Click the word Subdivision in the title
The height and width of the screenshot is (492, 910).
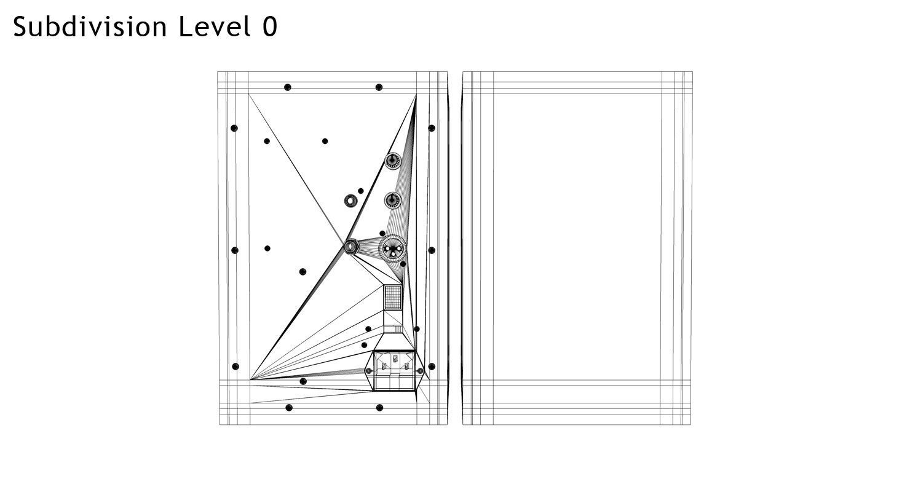pyautogui.click(x=90, y=27)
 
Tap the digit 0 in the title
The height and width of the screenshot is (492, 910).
pyautogui.click(x=270, y=27)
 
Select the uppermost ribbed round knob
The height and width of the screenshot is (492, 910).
pyautogui.click(x=393, y=161)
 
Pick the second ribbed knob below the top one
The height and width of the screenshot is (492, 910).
pyautogui.click(x=393, y=200)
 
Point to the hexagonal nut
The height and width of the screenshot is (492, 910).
pyautogui.click(x=350, y=247)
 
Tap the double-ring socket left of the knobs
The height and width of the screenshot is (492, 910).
pyautogui.click(x=350, y=200)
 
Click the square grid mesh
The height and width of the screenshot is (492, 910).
pyautogui.click(x=393, y=298)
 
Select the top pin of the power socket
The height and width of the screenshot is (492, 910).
pyautogui.click(x=395, y=357)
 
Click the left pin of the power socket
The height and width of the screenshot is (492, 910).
pyautogui.click(x=384, y=366)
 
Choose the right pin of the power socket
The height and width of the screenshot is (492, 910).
pyautogui.click(x=407, y=366)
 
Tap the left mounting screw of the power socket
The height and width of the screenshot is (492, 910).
pyautogui.click(x=368, y=371)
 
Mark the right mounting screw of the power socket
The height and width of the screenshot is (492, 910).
pyautogui.click(x=421, y=371)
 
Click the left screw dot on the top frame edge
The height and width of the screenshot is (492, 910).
pyautogui.click(x=287, y=87)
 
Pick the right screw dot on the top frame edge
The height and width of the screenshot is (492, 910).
pyautogui.click(x=379, y=87)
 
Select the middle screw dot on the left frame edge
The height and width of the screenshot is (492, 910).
pyautogui.click(x=234, y=250)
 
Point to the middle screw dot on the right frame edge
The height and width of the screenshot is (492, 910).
pyautogui.click(x=432, y=250)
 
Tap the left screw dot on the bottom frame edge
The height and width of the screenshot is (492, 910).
pyautogui.click(x=289, y=408)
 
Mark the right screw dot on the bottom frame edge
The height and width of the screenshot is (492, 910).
pyautogui.click(x=379, y=408)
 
